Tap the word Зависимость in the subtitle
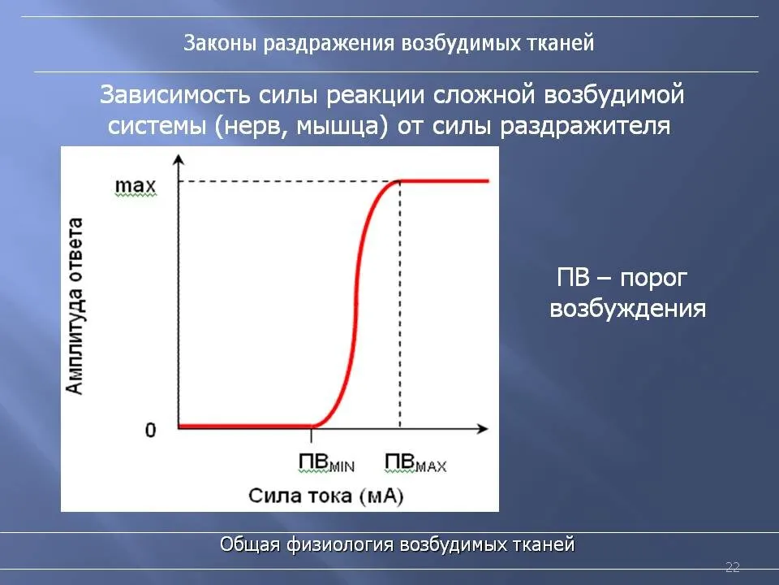pyautogui.click(x=175, y=94)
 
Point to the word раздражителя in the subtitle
pyautogui.click(x=585, y=127)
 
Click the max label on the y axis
pyautogui.click(x=136, y=186)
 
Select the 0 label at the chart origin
pyautogui.click(x=151, y=430)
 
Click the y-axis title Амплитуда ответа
pyautogui.click(x=75, y=306)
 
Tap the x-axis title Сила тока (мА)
pyautogui.click(x=326, y=496)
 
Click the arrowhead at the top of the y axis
pyautogui.click(x=179, y=159)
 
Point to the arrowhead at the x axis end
pyautogui.click(x=482, y=428)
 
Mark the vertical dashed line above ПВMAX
pyautogui.click(x=400, y=305)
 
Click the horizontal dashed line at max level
pyautogui.click(x=289, y=181)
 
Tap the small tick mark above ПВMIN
pyautogui.click(x=312, y=435)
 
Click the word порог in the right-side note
pyautogui.click(x=654, y=279)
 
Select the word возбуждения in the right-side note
pyautogui.click(x=628, y=309)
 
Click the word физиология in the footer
pyautogui.click(x=342, y=544)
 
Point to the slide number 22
pyautogui.click(x=733, y=567)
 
